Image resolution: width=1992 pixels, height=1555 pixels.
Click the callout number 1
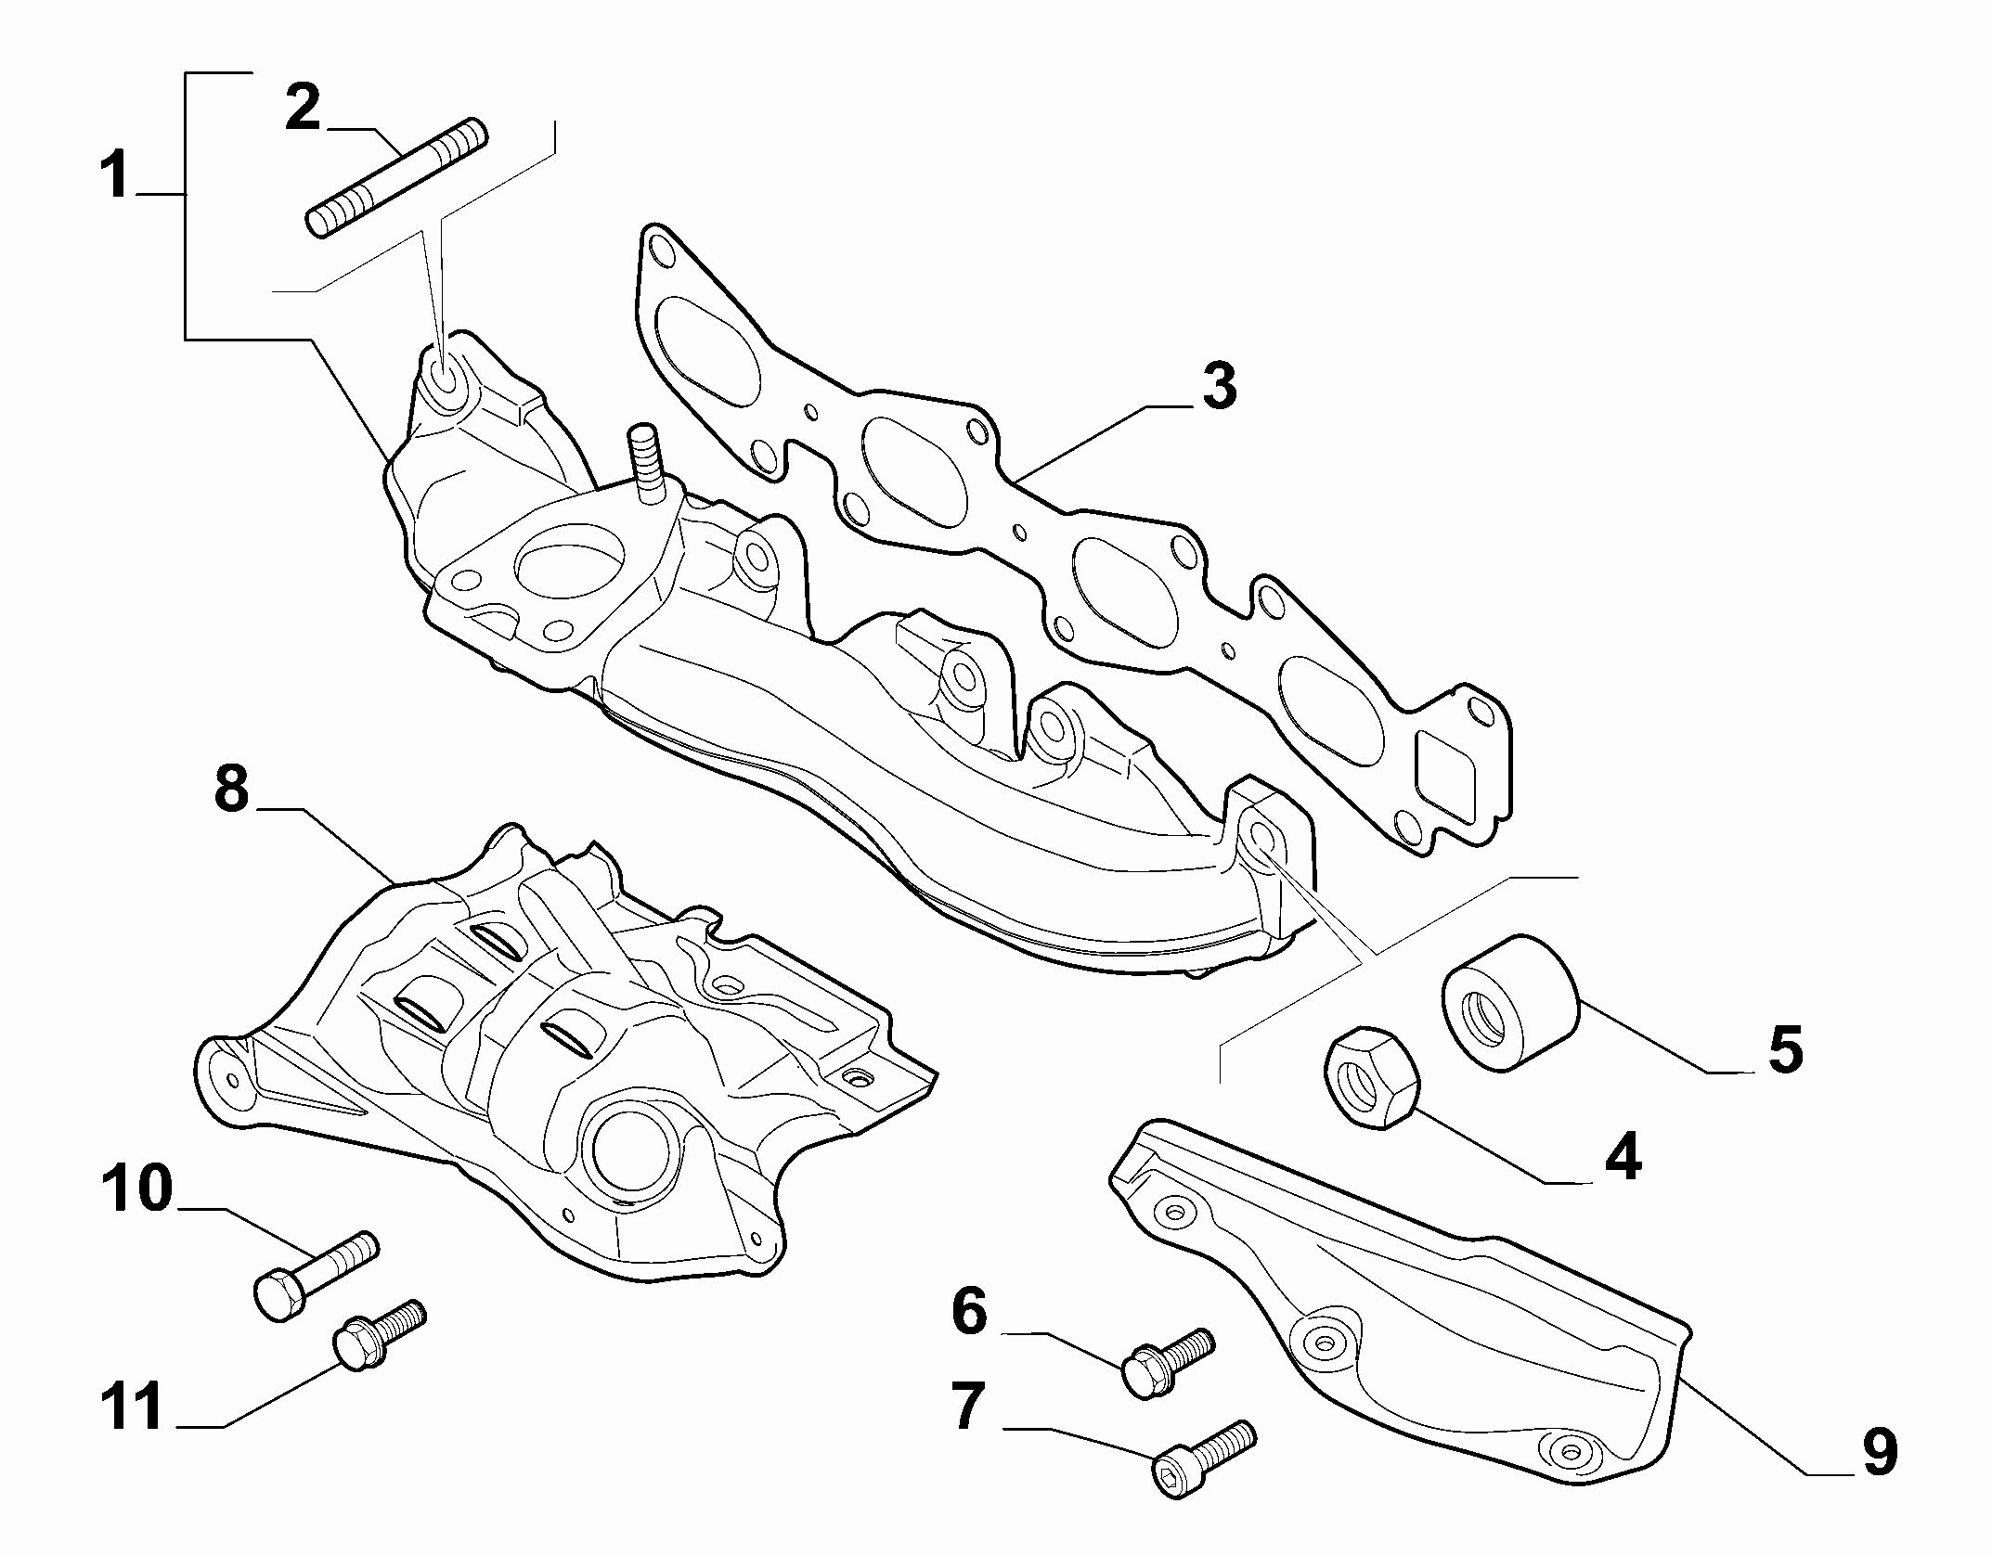116,176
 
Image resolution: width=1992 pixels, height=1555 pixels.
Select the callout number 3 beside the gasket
1219,386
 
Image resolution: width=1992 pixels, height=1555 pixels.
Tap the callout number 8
232,790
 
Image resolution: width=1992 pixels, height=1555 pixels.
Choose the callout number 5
1785,1049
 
